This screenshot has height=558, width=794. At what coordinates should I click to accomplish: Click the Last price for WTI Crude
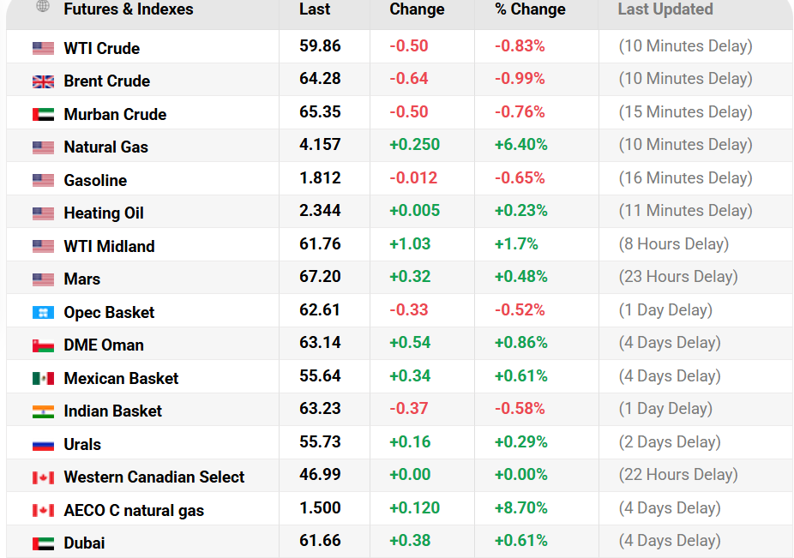(320, 46)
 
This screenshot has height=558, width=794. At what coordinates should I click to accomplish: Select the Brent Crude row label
(106, 81)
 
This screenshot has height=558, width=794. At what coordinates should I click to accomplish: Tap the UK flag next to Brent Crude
(43, 81)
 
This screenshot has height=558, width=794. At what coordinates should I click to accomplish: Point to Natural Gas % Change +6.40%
(520, 145)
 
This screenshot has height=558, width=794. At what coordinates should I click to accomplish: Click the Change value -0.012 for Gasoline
(413, 178)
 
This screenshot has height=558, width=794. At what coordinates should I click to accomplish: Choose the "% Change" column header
(530, 9)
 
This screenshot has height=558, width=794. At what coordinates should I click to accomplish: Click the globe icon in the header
(43, 7)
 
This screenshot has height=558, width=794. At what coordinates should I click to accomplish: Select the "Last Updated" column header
(665, 9)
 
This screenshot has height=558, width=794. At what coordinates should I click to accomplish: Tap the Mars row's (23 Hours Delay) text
(677, 277)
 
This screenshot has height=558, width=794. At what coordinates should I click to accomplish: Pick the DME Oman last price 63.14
(320, 343)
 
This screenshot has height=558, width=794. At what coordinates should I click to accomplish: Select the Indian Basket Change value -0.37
(409, 409)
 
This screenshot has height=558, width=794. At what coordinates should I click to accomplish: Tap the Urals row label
(82, 445)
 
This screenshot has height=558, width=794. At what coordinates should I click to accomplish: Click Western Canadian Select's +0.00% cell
(520, 475)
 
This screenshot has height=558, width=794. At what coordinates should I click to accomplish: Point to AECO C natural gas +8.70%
(520, 508)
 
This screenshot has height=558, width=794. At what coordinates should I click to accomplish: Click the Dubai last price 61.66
(320, 541)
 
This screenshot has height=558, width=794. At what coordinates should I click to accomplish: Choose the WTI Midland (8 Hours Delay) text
(673, 244)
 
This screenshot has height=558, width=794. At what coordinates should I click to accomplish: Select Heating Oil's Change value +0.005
(414, 211)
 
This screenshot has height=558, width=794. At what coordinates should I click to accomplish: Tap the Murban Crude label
(115, 115)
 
